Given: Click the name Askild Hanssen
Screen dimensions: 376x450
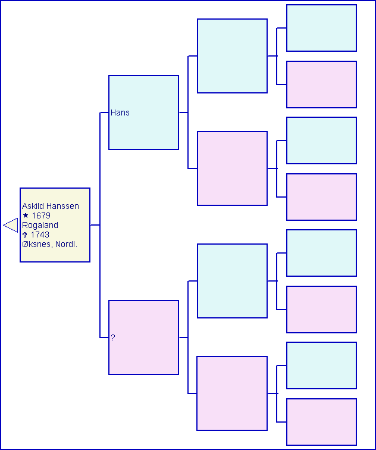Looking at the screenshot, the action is (51, 206).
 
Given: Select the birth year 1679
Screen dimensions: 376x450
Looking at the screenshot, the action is (41, 215).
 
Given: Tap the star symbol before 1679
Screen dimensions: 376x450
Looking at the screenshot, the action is (26, 215).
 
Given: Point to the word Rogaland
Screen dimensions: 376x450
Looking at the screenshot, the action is (40, 225).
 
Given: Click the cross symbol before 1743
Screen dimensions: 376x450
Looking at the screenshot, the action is (24, 235).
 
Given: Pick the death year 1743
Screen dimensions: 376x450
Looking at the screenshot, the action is (40, 235).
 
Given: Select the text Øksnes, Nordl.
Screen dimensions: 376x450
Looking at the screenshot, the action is (49, 244).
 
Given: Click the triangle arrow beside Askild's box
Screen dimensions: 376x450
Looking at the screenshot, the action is (11, 225).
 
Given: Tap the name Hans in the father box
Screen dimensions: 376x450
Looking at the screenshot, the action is (120, 112).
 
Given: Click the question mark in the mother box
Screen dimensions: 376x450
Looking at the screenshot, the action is (113, 337).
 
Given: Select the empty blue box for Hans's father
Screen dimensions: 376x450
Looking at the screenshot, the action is (232, 56).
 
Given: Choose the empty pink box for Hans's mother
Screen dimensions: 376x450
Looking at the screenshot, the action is (232, 168).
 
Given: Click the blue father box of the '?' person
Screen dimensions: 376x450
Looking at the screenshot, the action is (232, 281).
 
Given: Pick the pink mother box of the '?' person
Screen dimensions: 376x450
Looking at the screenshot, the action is (232, 393).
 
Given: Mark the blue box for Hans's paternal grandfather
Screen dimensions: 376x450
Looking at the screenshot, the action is (321, 28).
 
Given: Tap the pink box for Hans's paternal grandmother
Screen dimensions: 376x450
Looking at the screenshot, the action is (321, 85).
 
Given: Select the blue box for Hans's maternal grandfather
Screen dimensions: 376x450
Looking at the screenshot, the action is (321, 140).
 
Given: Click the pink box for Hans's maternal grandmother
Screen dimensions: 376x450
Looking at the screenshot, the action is (321, 197).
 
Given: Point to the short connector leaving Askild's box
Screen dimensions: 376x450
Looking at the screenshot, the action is (95, 225).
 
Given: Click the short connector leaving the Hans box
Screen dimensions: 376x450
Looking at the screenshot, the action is (184, 112).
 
